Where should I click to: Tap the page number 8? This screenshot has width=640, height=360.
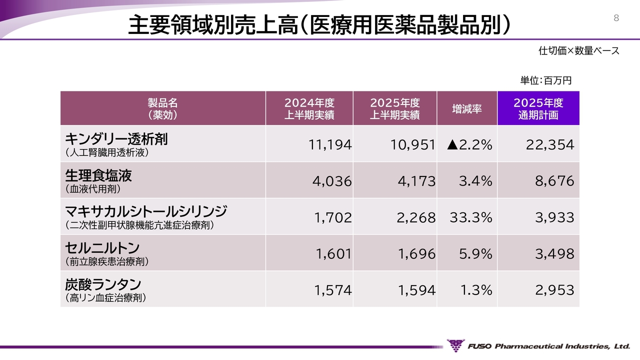tap(616, 18)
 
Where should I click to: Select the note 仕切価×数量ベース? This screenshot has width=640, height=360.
tap(578, 50)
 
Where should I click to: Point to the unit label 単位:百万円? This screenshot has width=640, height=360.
tap(545, 80)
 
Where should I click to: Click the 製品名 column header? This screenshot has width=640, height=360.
tap(162, 108)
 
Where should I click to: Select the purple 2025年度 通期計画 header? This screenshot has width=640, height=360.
tap(538, 108)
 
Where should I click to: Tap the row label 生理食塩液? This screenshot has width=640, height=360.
tap(98, 175)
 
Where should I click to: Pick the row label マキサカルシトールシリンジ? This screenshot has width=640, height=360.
tap(146, 211)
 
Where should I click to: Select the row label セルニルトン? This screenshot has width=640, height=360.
tap(102, 248)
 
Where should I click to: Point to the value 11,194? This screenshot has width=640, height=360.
tap(330, 145)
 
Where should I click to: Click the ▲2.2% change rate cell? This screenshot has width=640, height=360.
tap(469, 145)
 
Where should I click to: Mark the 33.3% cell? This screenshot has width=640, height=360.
tap(470, 217)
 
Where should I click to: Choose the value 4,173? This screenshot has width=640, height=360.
tap(416, 181)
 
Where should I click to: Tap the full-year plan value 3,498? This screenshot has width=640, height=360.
tap(554, 254)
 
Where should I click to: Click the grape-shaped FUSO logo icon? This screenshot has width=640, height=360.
tap(455, 345)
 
